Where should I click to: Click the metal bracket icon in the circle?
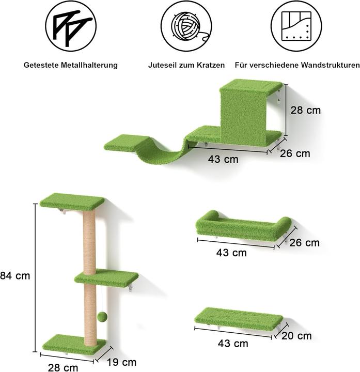(x=70, y=25)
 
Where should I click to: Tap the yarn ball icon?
(x=185, y=25)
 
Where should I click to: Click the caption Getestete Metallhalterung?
(x=71, y=65)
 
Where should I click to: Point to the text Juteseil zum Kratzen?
(x=186, y=65)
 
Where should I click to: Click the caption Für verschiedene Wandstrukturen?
(x=297, y=65)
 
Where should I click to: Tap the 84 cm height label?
(x=15, y=276)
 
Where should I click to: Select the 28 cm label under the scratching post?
(x=64, y=367)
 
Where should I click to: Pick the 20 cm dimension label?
(x=297, y=336)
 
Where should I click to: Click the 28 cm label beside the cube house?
(x=306, y=110)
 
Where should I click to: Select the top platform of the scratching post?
(x=72, y=201)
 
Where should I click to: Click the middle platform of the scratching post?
(x=106, y=276)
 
